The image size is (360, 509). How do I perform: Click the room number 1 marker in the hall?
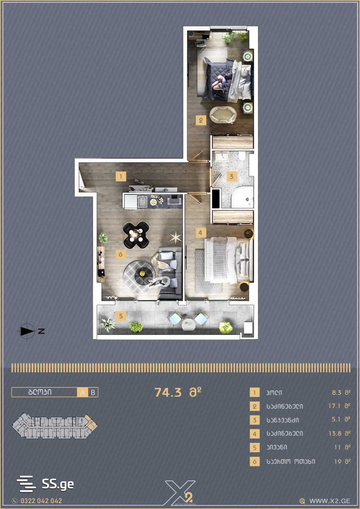coord(121,176)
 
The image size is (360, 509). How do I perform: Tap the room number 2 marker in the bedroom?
coord(201,120)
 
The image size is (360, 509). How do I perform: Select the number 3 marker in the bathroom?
coord(232,176)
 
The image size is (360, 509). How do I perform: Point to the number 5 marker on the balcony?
coord(121,316)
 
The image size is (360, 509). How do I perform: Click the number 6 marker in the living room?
coord(121,254)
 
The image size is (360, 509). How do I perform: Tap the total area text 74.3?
coord(168,392)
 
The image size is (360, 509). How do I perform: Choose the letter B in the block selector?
coord(93,392)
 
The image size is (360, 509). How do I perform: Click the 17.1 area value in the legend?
coord(335,406)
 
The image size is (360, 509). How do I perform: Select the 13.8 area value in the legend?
coord(335,434)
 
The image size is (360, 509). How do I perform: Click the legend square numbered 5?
coord(255,448)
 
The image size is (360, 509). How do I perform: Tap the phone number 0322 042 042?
coord(41,501)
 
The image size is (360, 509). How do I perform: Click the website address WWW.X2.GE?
coord(330,501)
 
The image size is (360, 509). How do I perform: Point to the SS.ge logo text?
coord(58,484)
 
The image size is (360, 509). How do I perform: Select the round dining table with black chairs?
coord(136,235)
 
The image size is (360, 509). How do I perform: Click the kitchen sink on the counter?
coord(143,202)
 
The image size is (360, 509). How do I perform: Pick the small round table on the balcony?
coord(188,324)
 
